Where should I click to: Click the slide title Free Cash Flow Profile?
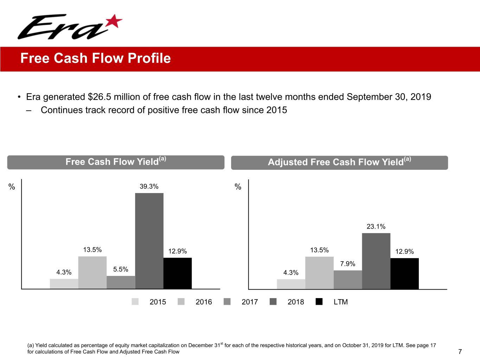click(x=95, y=58)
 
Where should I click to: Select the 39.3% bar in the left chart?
click(x=149, y=241)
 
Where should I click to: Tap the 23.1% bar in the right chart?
click(x=376, y=261)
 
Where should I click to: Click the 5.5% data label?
click(x=121, y=270)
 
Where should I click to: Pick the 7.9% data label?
click(x=347, y=264)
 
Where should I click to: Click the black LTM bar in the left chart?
click(x=178, y=273)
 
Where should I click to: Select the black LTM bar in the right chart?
click(x=404, y=274)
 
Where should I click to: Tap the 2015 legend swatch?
click(x=135, y=302)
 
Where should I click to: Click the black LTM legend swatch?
click(x=319, y=302)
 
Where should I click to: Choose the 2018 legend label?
click(x=296, y=302)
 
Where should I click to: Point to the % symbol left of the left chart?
click(x=12, y=187)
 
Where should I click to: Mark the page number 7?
click(x=460, y=352)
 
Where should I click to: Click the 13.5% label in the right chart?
click(x=319, y=250)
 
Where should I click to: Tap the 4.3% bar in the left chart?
click(x=64, y=284)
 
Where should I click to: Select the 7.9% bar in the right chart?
click(x=347, y=280)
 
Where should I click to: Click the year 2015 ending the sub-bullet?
click(x=276, y=110)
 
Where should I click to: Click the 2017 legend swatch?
click(x=227, y=302)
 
